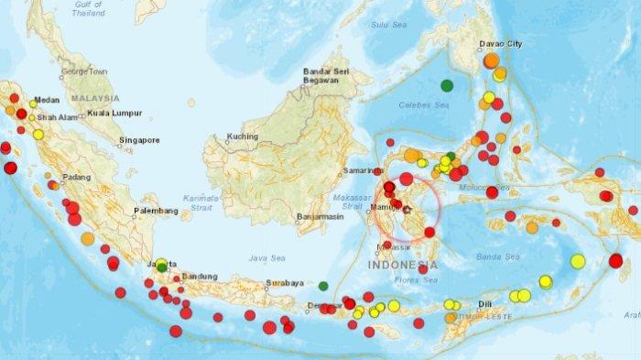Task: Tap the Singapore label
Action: click(x=138, y=140)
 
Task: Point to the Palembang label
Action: click(x=155, y=211)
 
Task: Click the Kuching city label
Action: click(x=243, y=136)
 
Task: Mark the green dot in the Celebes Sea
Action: click(x=447, y=85)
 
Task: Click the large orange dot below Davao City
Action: click(x=492, y=60)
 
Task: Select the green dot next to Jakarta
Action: click(x=162, y=267)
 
